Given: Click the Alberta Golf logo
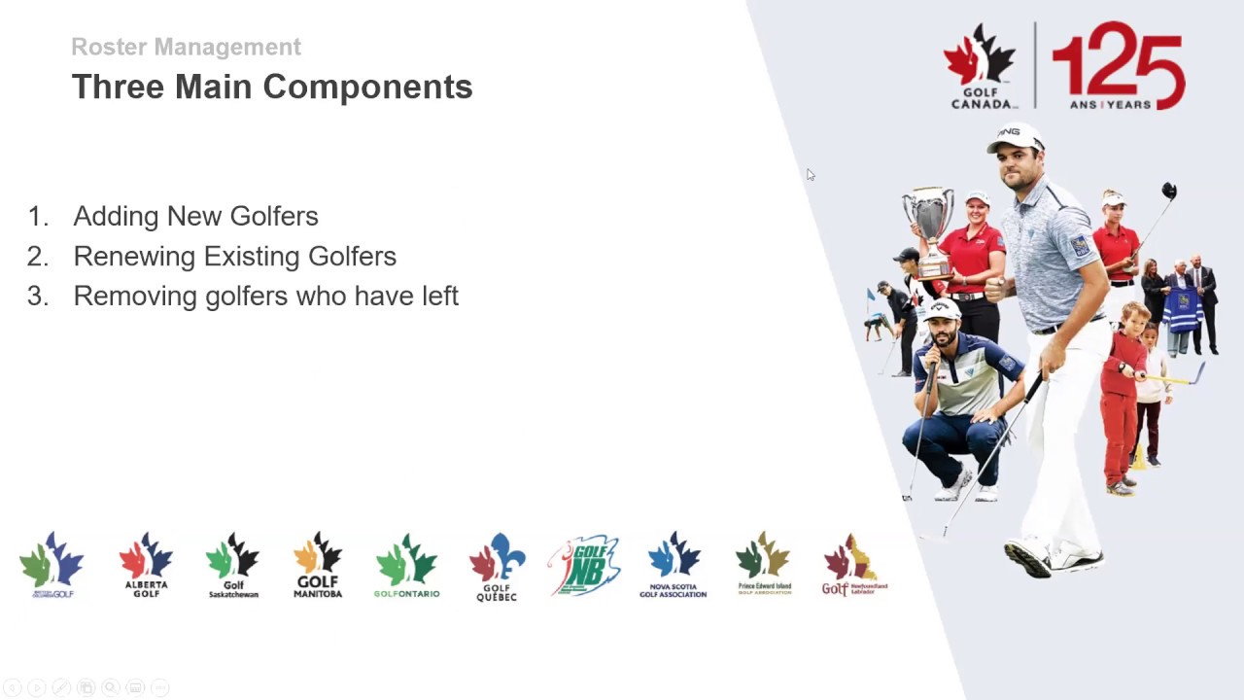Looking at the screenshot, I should point(146,565).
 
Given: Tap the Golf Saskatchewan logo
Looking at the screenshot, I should point(233,565).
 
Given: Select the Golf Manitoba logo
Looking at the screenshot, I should point(318,565).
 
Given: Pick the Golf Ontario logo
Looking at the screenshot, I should point(407,565).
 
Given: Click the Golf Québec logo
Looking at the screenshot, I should point(497,567).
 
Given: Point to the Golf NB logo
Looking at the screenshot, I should point(584,565).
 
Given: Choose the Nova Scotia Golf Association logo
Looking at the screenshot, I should point(674,565).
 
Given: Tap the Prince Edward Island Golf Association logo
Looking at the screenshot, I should point(764,564).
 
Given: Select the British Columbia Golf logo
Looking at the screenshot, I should point(52,565).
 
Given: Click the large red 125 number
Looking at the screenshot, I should point(1119,64).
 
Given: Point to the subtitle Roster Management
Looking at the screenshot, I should point(186,47).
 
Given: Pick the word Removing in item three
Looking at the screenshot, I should point(135,296).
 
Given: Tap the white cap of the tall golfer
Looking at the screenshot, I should point(1015,137).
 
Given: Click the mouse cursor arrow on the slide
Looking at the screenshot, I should point(810,175).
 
